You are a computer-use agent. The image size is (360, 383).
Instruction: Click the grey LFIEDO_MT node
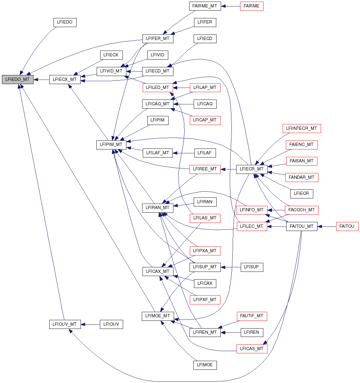click(x=17, y=79)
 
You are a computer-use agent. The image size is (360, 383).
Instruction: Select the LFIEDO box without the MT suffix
click(x=65, y=22)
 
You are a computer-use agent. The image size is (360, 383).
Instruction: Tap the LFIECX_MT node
click(x=65, y=79)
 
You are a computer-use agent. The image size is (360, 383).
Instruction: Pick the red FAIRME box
click(x=252, y=6)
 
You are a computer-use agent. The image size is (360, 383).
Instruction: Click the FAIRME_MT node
click(x=205, y=6)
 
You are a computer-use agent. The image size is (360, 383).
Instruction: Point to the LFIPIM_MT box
click(x=111, y=145)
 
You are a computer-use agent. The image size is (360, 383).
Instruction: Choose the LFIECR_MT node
click(x=252, y=169)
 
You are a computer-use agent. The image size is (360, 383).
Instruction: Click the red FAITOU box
click(x=347, y=226)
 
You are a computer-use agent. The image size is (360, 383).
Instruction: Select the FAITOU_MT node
click(x=302, y=226)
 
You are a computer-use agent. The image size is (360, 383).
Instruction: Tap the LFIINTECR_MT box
click(x=302, y=128)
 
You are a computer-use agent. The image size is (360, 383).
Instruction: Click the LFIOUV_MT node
click(x=65, y=324)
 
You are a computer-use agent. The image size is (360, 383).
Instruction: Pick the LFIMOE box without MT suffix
click(x=205, y=365)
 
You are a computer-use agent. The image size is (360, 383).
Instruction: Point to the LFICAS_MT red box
click(x=252, y=349)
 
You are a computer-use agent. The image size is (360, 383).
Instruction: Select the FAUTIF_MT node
click(x=252, y=316)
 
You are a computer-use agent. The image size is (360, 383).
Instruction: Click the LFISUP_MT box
click(x=205, y=267)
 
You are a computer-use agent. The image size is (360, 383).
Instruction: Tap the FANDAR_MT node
click(x=302, y=177)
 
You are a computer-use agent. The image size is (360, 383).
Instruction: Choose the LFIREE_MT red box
click(x=205, y=169)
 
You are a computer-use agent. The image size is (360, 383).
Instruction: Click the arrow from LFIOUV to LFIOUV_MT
click(x=91, y=324)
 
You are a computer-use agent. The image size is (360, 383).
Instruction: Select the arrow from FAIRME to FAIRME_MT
click(x=231, y=6)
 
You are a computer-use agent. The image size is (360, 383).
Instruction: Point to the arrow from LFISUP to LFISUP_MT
click(x=231, y=267)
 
